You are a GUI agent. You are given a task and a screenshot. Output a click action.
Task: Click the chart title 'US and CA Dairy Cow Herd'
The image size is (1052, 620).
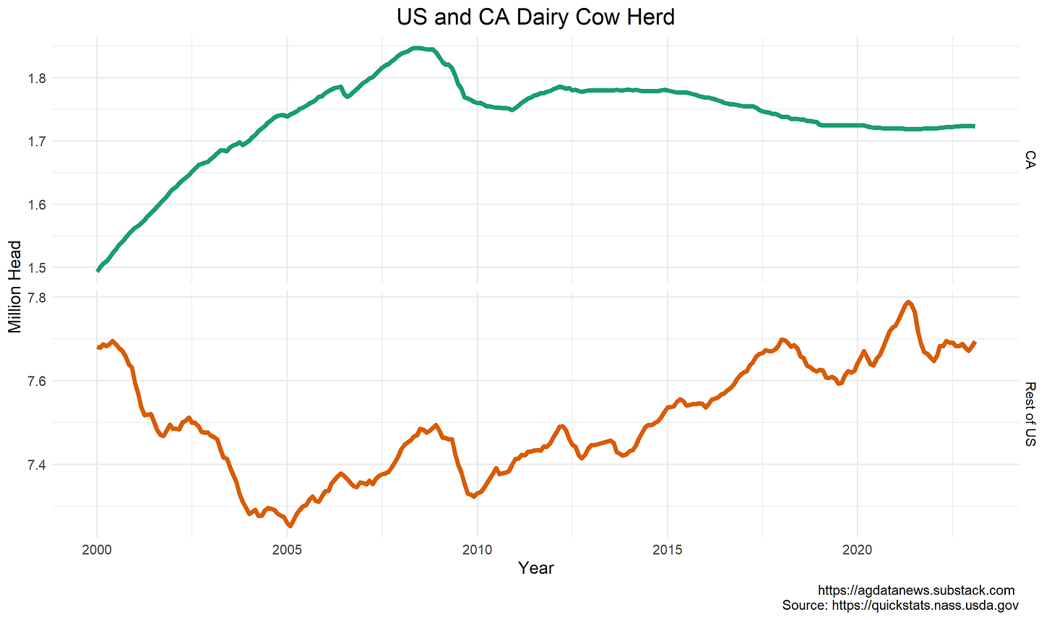(535, 17)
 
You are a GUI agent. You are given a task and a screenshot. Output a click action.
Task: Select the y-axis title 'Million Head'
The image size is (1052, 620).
(15, 287)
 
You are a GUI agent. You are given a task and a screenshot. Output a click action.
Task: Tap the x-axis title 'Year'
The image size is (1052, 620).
(535, 568)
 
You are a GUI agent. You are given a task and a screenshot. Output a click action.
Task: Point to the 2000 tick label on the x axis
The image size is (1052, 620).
(97, 550)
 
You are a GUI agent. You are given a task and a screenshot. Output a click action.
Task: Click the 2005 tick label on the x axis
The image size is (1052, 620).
(287, 550)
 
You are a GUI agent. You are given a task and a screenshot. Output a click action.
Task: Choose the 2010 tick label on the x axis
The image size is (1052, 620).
(477, 550)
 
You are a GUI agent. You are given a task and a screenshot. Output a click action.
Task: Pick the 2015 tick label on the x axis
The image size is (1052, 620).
(667, 550)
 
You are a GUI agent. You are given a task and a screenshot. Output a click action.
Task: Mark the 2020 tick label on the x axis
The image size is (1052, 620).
(857, 550)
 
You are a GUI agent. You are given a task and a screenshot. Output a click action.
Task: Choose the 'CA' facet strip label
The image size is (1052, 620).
(1030, 160)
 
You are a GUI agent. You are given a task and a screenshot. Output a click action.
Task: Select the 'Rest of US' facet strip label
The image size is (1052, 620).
(1030, 414)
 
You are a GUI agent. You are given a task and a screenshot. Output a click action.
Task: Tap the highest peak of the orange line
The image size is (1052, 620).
(908, 302)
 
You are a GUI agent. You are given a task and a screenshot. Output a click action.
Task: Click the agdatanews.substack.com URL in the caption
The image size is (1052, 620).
(916, 590)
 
